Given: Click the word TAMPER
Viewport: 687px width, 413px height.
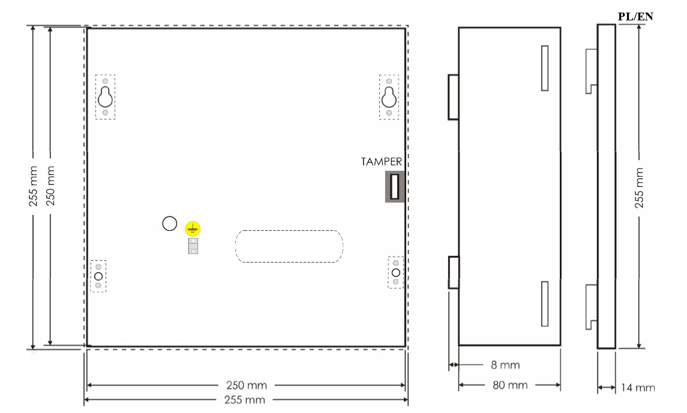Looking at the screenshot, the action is pos(381,162).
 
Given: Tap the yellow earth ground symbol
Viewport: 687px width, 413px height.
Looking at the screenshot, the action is pos(193,229).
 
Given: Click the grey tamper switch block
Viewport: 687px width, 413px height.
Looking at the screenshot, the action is pos(394,187).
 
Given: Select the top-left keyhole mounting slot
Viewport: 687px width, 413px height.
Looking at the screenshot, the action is pos(105,97).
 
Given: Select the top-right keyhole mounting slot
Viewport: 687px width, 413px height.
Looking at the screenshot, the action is pos(389,97).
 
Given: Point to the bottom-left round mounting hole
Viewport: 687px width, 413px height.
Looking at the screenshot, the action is pos(98,276).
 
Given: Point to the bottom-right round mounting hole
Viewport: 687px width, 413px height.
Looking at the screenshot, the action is pos(395,273).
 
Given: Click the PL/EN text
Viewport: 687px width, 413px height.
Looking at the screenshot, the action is pos(635,17).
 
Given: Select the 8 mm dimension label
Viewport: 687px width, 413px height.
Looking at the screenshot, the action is pos(505,365).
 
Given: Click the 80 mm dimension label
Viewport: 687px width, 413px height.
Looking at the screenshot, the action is pos(510,385).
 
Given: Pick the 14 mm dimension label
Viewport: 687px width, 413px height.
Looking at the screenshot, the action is pos(638,387).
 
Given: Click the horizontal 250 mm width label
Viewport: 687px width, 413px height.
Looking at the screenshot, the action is pos(246,385).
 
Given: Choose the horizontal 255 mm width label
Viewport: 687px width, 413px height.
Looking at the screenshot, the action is pos(244,400).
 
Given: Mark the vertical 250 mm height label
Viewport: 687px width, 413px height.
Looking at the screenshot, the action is pos(51,185).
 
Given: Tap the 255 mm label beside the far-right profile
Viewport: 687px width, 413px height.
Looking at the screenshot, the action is pos(639,188).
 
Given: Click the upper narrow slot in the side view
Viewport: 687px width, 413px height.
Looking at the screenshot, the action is pos(545,68).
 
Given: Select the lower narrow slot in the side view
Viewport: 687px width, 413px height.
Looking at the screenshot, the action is pos(545,304).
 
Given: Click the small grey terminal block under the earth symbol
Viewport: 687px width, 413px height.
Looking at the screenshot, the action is pos(193,246).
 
